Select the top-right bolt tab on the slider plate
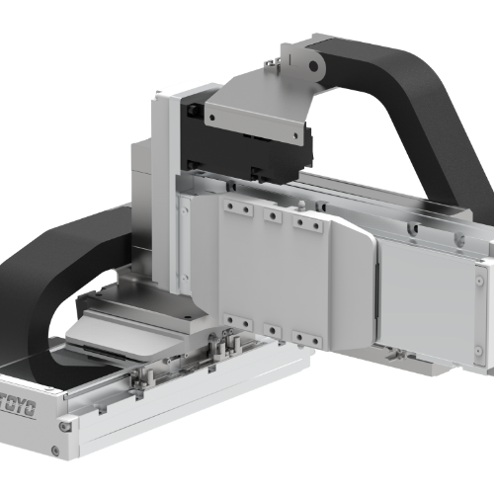pyautogui.click(x=307, y=225)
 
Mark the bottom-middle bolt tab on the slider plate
pyautogui.click(x=273, y=330)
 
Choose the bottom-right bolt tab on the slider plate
pyautogui.click(x=307, y=339)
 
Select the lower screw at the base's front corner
pyautogui.click(x=65, y=427)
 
